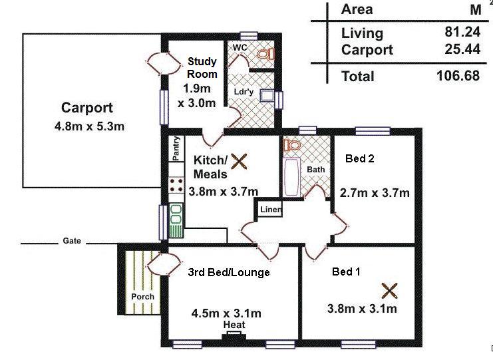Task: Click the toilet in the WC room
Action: point(266,54)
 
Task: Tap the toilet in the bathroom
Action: point(292,145)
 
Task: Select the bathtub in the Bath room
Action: point(291,177)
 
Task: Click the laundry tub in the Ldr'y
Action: point(267,95)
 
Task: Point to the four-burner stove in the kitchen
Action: point(176,185)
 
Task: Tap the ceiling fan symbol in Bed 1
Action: point(389,291)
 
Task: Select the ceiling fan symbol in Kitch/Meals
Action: point(239,162)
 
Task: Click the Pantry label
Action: point(176,148)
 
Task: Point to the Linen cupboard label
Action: point(271,210)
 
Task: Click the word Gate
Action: point(72,241)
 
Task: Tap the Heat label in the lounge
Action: point(234,325)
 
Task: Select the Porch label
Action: point(143,297)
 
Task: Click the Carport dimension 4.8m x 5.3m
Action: point(89,126)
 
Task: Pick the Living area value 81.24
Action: point(462,32)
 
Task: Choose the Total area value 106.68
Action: point(458,76)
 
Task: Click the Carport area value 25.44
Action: point(462,49)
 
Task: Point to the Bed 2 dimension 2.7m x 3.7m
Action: point(375,192)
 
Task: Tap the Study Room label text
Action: point(202,68)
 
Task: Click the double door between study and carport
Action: point(164,63)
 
